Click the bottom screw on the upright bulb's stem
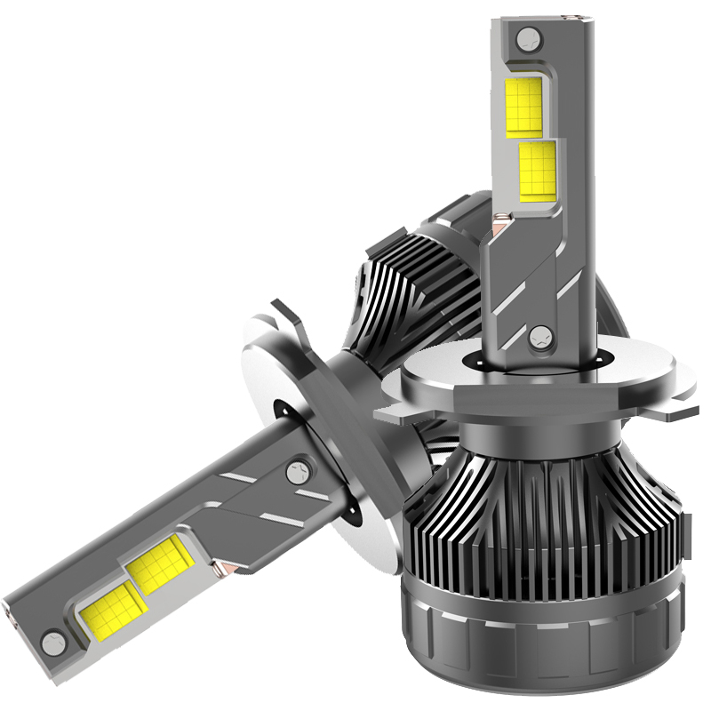tap(539, 336)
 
